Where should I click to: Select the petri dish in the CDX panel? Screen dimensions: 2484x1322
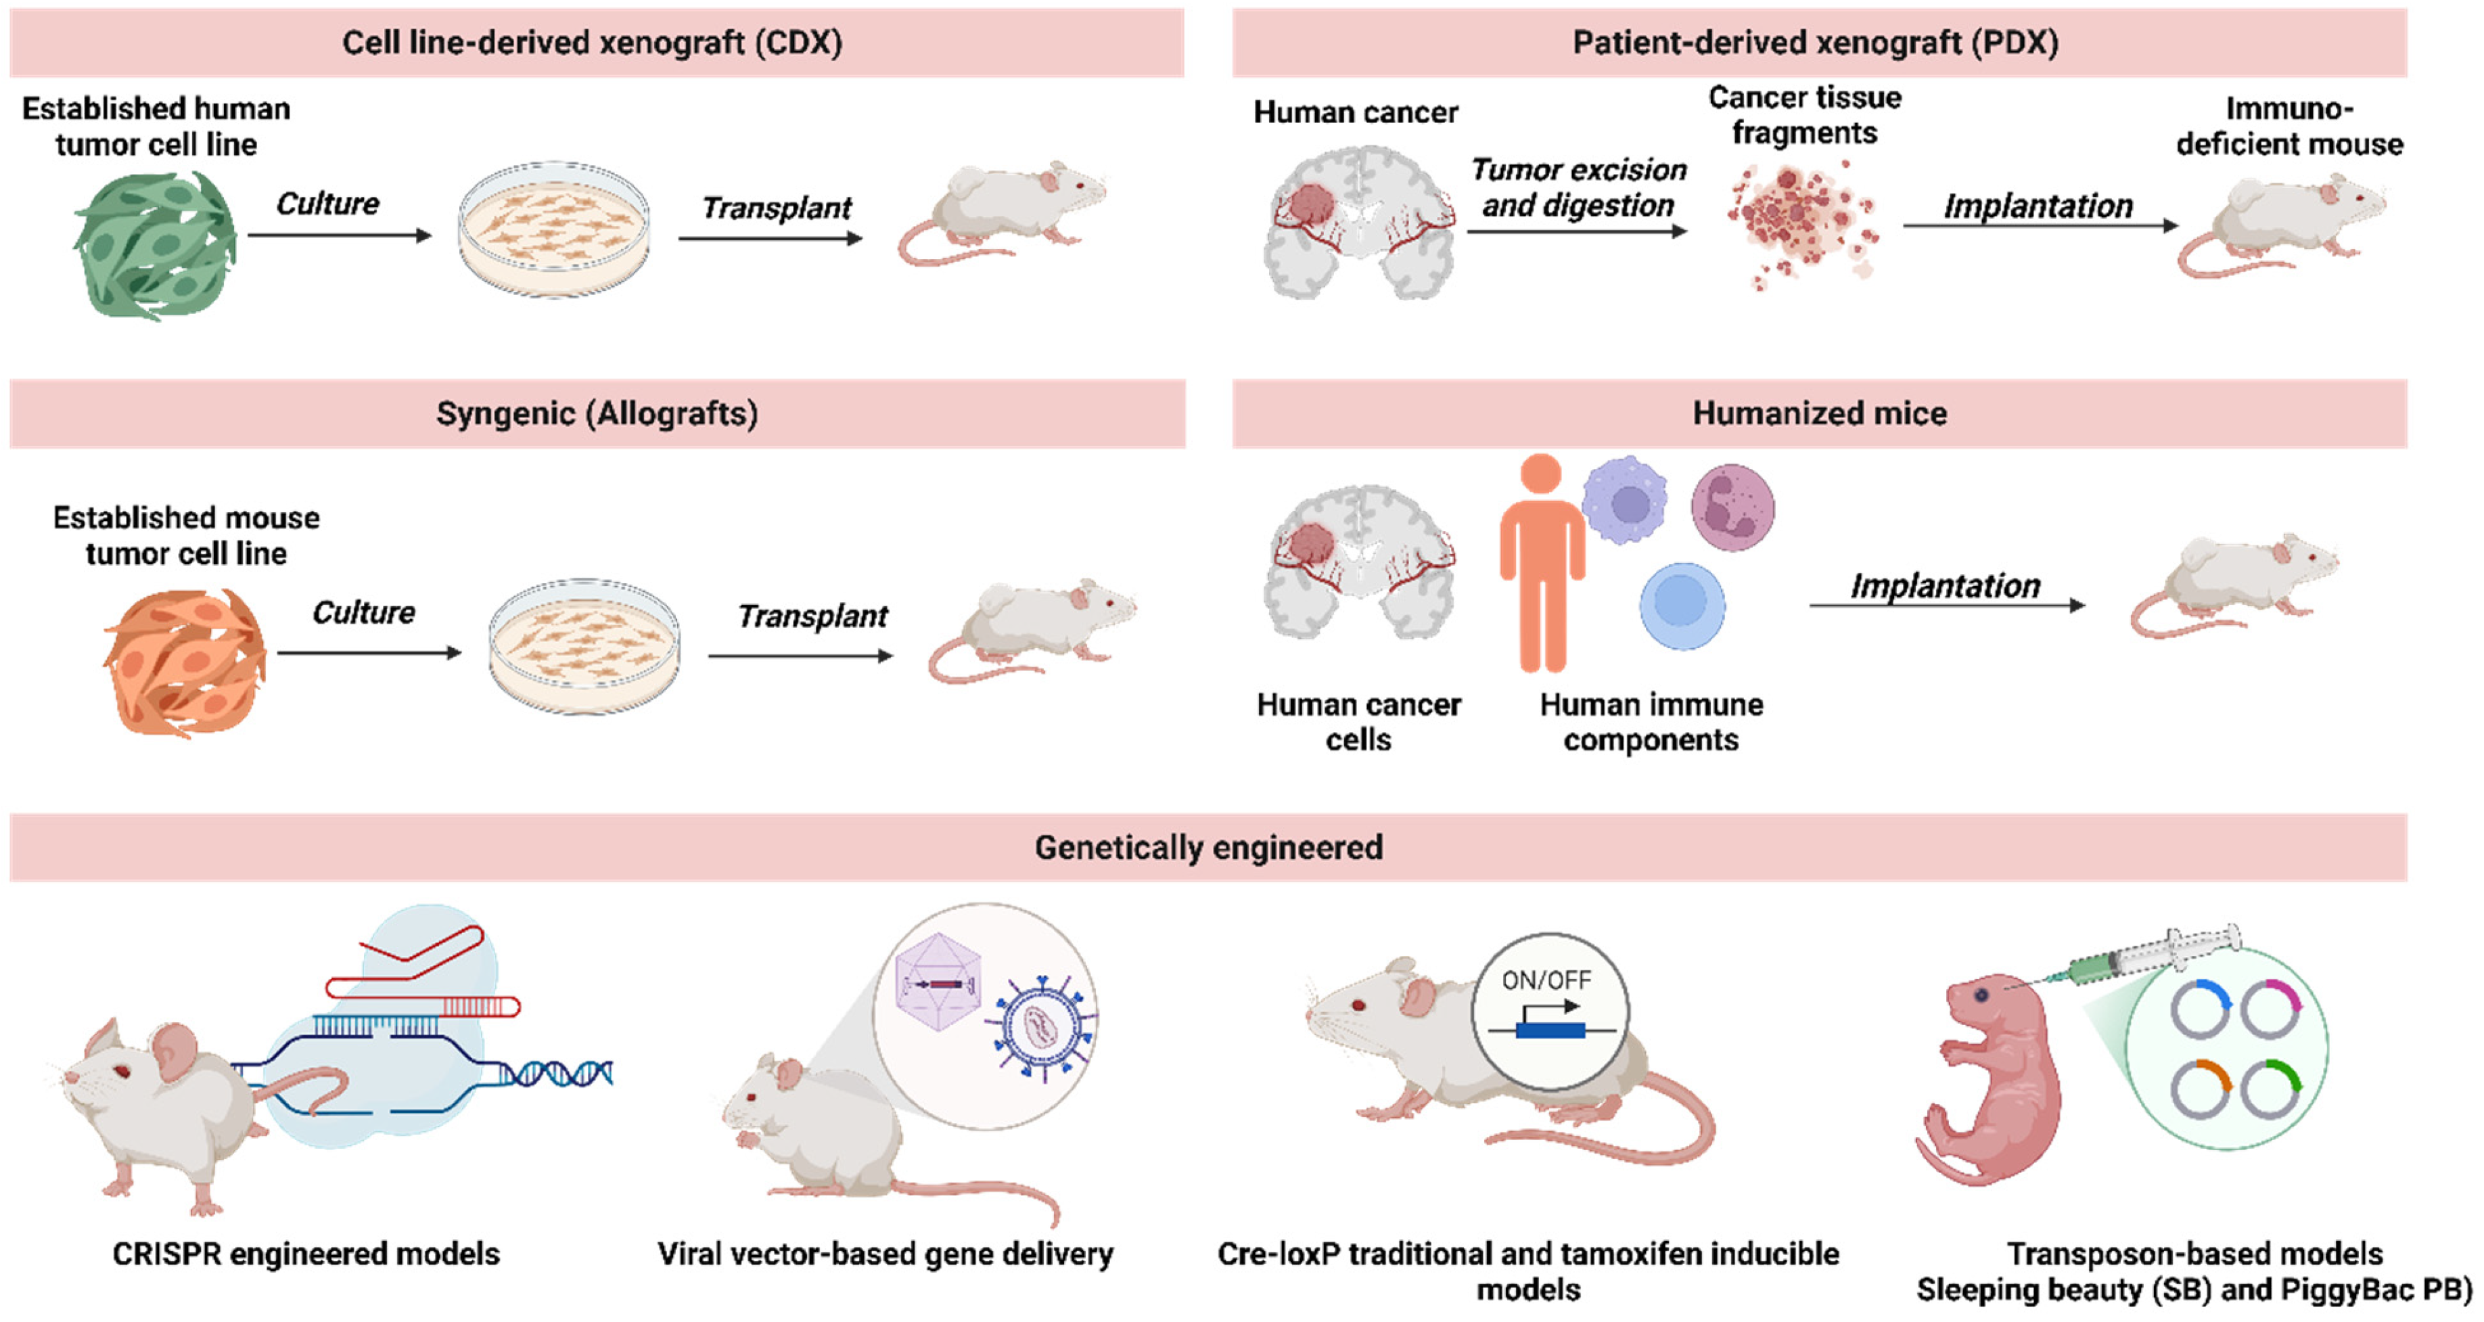[553, 229]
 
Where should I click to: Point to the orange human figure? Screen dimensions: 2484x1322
[1541, 563]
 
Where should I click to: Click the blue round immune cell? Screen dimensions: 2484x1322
[1682, 606]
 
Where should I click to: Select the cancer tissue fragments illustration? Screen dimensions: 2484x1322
[1801, 225]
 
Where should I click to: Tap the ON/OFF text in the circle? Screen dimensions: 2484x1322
[1546, 980]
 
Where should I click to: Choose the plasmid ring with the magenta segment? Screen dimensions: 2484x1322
[2270, 1009]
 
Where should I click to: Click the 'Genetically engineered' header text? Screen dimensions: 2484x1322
[1208, 848]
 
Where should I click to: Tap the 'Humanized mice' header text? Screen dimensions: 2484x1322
[1820, 413]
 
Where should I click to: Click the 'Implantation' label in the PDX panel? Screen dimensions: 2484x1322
[2038, 206]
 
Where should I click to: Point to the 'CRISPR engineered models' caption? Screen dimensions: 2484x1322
[306, 1254]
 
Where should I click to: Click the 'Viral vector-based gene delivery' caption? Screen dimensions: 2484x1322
[885, 1254]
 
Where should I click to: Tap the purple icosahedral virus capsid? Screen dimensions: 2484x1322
[938, 982]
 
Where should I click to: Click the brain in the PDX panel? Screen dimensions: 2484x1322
[1360, 222]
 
